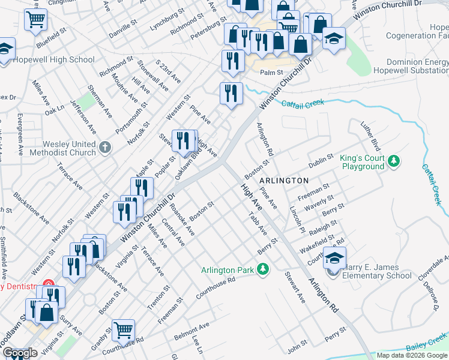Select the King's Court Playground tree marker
(394, 161)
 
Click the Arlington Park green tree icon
(262, 269)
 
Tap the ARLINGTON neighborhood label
(284, 180)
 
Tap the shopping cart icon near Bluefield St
(35, 20)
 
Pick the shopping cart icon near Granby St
(123, 329)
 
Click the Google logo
(20, 353)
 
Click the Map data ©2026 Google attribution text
(412, 355)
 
